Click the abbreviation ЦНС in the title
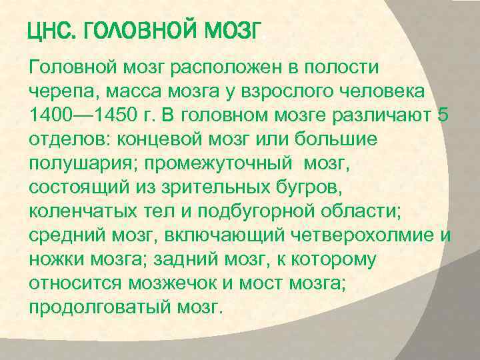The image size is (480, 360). (x=52, y=31)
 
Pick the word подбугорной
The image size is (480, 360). (x=293, y=210)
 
